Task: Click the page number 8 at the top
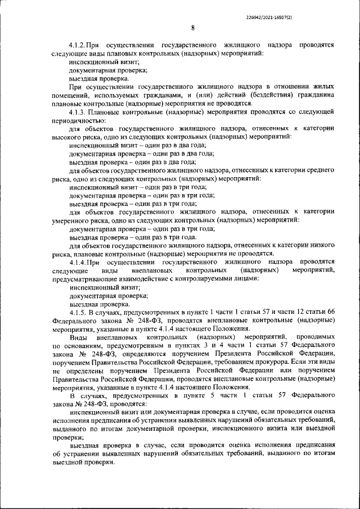point(192,28)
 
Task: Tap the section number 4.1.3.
point(76,112)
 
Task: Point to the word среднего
point(319,170)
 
